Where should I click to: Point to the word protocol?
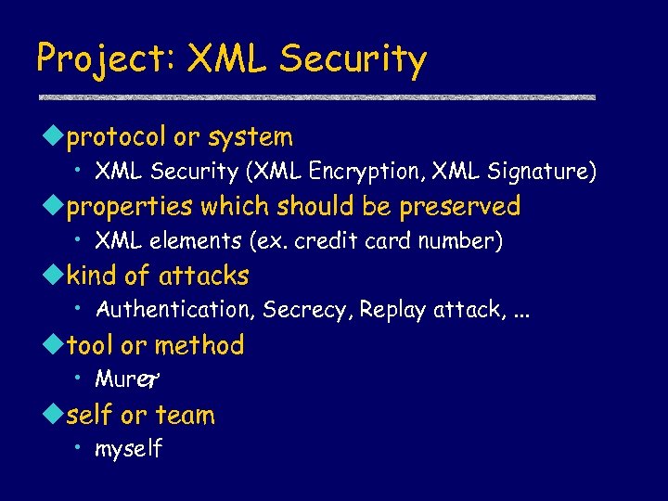coord(117,138)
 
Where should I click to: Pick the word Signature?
coord(546,172)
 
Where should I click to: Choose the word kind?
coord(94,276)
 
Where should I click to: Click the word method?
coord(199,345)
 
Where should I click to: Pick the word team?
coord(185,415)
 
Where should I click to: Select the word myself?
coord(129,450)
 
